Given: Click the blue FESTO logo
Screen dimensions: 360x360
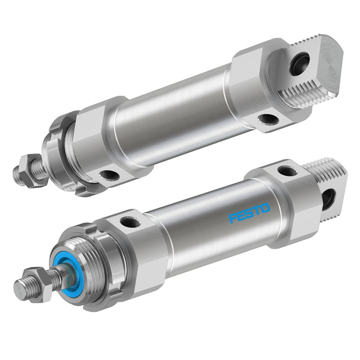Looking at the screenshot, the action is click(x=249, y=213).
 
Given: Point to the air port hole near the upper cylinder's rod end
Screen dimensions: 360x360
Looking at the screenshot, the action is click(x=110, y=175).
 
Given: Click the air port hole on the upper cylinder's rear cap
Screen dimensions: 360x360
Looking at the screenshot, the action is click(x=268, y=119).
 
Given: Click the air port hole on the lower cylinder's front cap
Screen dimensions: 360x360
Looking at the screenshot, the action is click(x=130, y=222).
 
